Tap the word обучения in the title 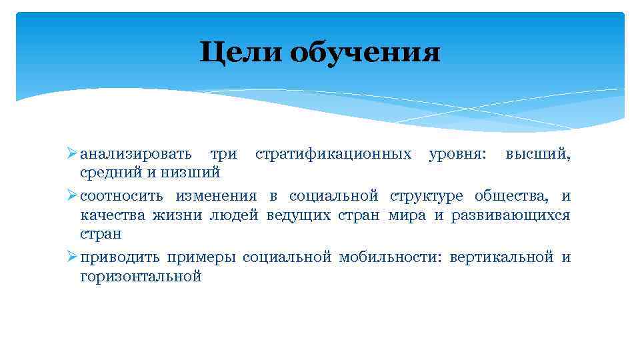(x=365, y=53)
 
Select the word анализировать (x=136, y=155)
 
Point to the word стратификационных (x=333, y=155)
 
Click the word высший (x=537, y=155)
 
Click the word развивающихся (x=511, y=216)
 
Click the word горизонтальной (x=141, y=277)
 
